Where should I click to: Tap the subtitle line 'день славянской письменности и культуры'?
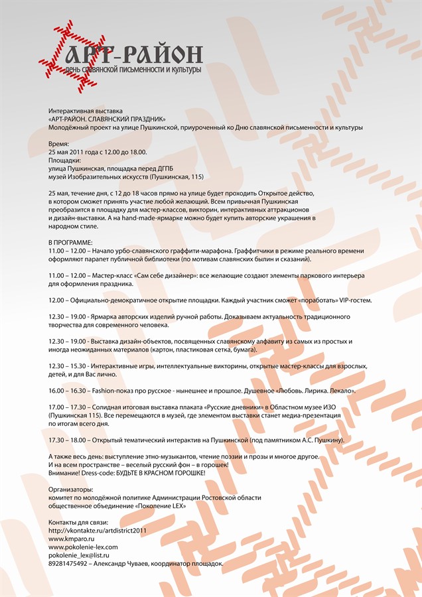(133, 69)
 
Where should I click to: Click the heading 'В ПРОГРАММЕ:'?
(70, 243)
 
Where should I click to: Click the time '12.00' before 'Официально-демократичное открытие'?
(58, 300)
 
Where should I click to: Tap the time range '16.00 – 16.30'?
(70, 391)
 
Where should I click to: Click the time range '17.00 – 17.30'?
(70, 407)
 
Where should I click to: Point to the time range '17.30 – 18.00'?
(70, 440)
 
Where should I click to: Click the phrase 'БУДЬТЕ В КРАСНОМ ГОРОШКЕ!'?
(155, 472)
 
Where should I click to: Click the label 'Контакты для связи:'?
(78, 522)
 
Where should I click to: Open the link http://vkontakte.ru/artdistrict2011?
(97, 531)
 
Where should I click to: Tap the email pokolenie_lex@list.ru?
(78, 555)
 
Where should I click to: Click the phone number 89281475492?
(68, 563)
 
